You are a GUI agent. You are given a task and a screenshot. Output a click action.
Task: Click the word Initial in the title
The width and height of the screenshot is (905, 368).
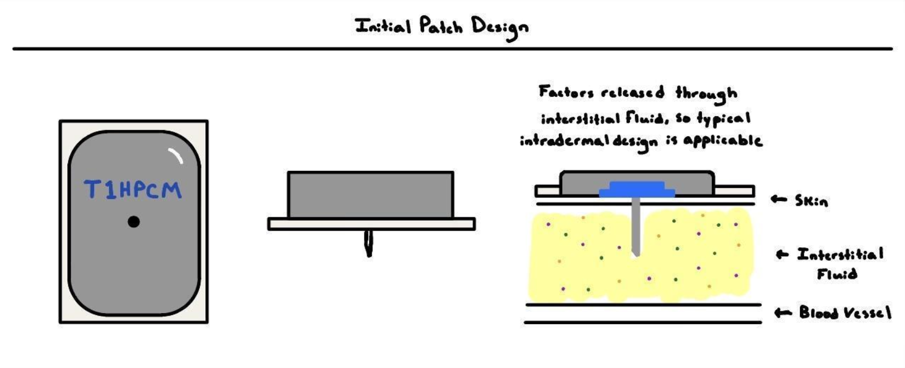pyautogui.click(x=383, y=26)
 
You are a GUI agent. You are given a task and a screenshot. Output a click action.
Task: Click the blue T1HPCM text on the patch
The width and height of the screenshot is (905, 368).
pyautogui.click(x=133, y=190)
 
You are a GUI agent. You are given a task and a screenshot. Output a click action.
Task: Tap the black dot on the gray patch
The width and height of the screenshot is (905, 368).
pyautogui.click(x=134, y=222)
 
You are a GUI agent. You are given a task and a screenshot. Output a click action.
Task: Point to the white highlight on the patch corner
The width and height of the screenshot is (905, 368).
pyautogui.click(x=176, y=156)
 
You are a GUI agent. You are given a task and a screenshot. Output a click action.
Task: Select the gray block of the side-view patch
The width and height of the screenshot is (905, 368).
pyautogui.click(x=370, y=195)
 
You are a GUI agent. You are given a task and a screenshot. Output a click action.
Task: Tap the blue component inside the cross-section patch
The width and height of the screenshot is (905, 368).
pyautogui.click(x=637, y=190)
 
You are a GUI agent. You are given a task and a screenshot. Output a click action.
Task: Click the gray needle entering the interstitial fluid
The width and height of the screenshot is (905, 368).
pyautogui.click(x=636, y=228)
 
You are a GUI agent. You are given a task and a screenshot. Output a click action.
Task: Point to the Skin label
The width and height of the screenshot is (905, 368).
pyautogui.click(x=811, y=201)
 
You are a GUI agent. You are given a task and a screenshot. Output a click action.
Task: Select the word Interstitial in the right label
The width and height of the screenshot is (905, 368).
pyautogui.click(x=840, y=255)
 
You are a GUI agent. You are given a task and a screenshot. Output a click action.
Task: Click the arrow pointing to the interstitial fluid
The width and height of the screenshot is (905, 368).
pyautogui.click(x=782, y=255)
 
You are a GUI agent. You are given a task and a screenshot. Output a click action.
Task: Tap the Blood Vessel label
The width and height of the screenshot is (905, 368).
pyautogui.click(x=845, y=312)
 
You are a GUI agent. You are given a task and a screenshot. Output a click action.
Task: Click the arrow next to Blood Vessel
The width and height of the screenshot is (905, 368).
pyautogui.click(x=783, y=313)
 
